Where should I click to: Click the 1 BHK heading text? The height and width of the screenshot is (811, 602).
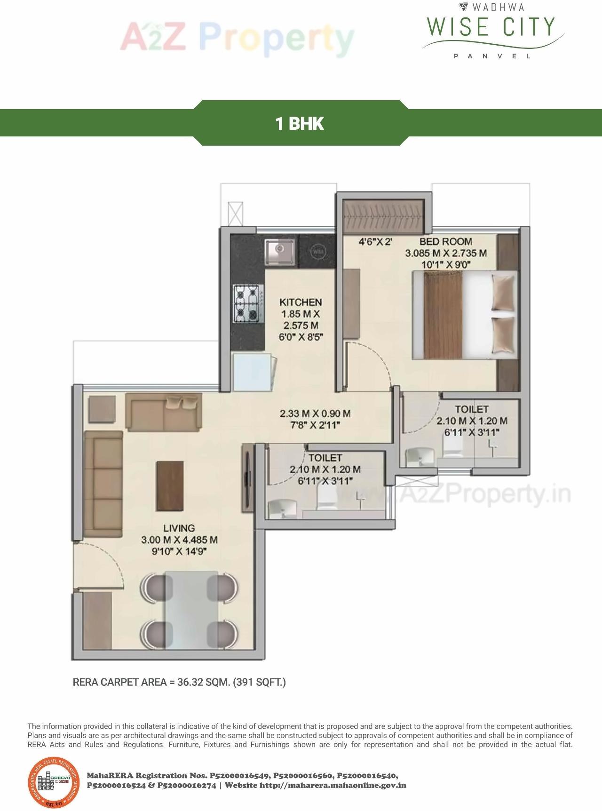(x=300, y=123)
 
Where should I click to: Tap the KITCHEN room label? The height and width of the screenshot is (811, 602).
(x=301, y=302)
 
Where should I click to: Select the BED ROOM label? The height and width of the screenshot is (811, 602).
(x=445, y=241)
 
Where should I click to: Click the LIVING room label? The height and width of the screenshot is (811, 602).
(x=179, y=528)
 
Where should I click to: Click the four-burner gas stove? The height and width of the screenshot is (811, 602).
(x=247, y=304)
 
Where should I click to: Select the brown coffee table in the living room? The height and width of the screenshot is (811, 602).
(x=170, y=485)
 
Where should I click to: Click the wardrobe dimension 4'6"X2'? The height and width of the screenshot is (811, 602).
(x=375, y=242)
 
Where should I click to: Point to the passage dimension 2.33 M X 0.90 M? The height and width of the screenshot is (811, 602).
(x=315, y=413)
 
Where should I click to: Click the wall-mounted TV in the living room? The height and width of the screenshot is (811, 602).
(x=247, y=478)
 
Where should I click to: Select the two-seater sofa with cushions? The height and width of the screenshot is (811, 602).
(x=164, y=412)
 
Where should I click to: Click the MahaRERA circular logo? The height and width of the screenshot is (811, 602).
(x=53, y=783)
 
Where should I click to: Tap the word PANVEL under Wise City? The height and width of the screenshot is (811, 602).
(x=492, y=56)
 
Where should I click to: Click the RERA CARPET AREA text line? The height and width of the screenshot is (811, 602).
(x=179, y=682)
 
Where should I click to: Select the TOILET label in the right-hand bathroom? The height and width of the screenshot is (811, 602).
(x=471, y=409)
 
